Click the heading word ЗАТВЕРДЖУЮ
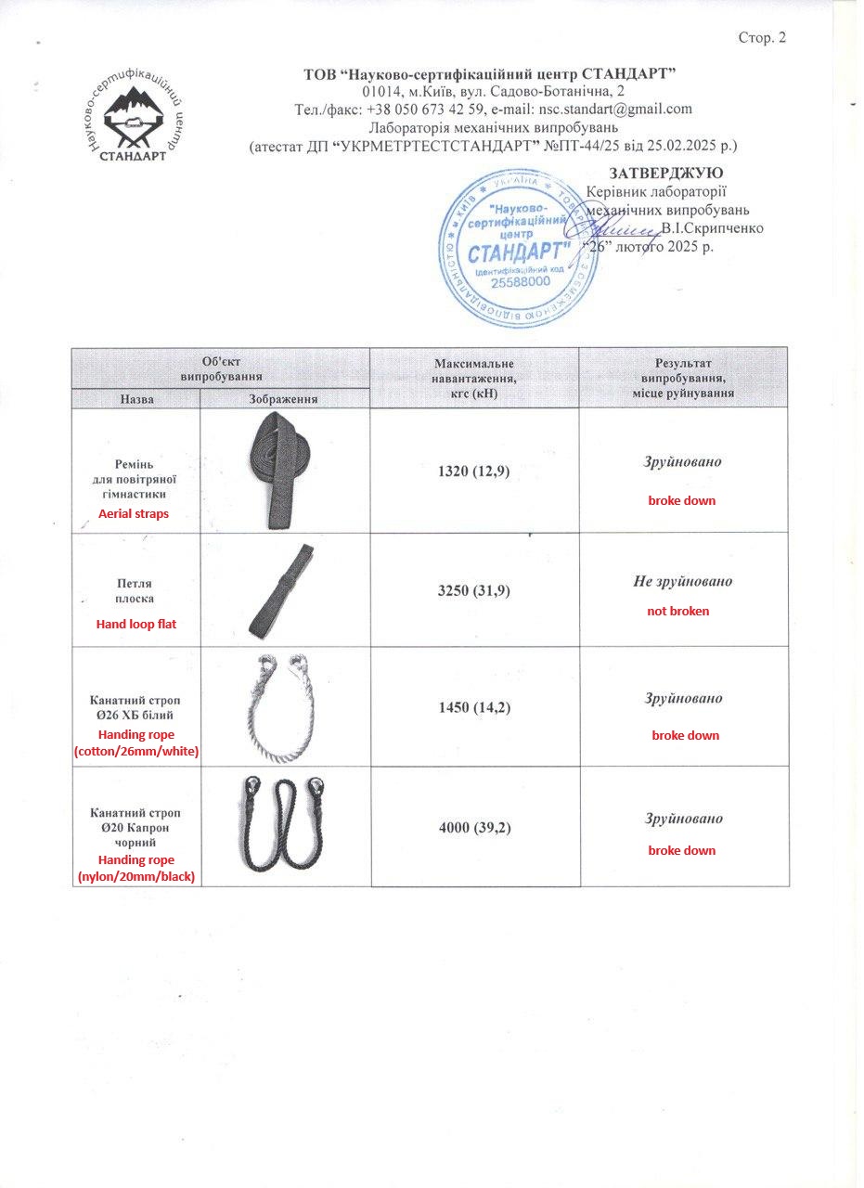666,173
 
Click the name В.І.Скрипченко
713,228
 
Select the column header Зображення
284,398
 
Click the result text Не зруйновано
683,581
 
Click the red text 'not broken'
678,611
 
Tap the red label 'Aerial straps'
134,513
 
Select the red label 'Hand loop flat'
135,624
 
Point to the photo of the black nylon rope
283,823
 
